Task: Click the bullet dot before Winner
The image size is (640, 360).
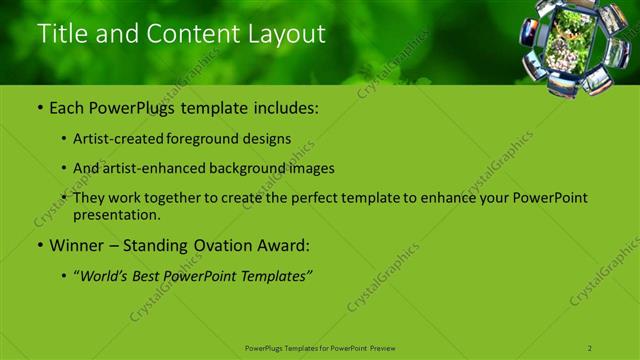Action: pos(39,245)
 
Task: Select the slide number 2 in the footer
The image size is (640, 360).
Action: pos(590,348)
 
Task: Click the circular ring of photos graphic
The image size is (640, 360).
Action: pos(574,47)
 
